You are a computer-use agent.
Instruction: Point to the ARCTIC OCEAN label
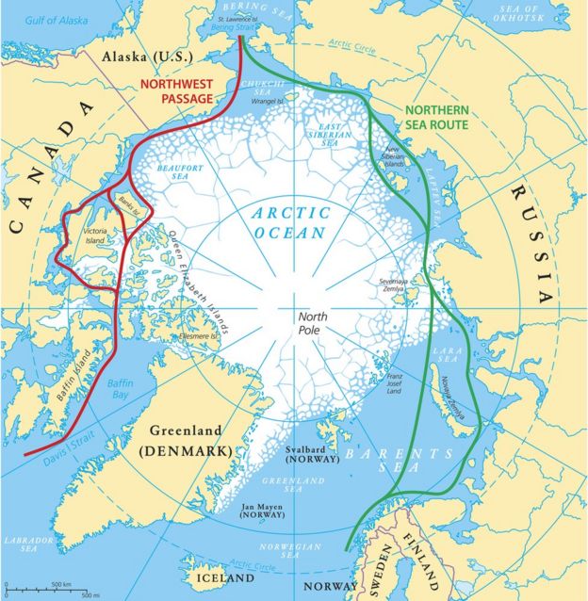[289, 222]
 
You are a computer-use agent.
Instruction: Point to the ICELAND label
[223, 577]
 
